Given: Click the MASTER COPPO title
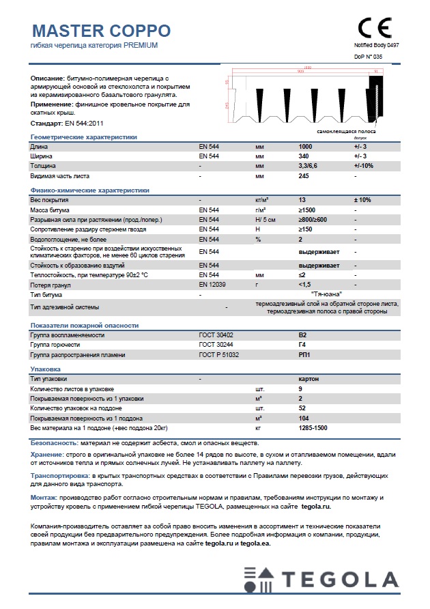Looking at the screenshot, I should (102, 31).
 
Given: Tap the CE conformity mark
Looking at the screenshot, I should (375, 28).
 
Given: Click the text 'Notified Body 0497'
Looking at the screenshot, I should (375, 44).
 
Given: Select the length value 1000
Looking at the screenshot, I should (306, 147).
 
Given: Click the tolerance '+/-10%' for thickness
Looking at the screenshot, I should (364, 166).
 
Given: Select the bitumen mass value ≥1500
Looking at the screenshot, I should (308, 210).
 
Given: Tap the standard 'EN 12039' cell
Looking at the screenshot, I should (210, 283).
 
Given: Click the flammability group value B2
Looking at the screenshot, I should (303, 335).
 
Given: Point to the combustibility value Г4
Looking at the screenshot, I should (303, 345).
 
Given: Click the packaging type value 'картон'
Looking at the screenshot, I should (309, 378).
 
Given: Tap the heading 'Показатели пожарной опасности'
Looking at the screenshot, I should (85, 326).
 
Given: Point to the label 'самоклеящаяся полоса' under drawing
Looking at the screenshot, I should (346, 130).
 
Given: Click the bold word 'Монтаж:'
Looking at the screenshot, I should (46, 497).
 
